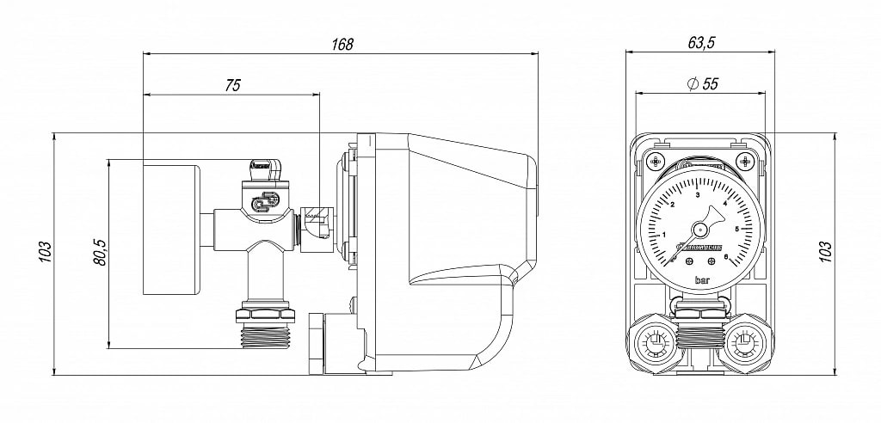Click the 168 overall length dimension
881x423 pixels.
[x=341, y=45]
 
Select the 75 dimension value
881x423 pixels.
[x=231, y=84]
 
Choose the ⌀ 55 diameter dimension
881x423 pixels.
[x=701, y=83]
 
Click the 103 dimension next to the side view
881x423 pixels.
[x=46, y=252]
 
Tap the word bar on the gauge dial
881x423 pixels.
[x=703, y=280]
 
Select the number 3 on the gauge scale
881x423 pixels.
[x=697, y=196]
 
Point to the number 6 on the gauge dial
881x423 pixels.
[x=726, y=256]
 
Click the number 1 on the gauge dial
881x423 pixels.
[x=664, y=235]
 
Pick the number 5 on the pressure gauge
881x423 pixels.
[x=736, y=229]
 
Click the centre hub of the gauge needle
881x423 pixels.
[x=700, y=230]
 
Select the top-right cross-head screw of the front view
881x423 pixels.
[x=745, y=161]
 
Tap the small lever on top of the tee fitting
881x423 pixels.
[x=263, y=164]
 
